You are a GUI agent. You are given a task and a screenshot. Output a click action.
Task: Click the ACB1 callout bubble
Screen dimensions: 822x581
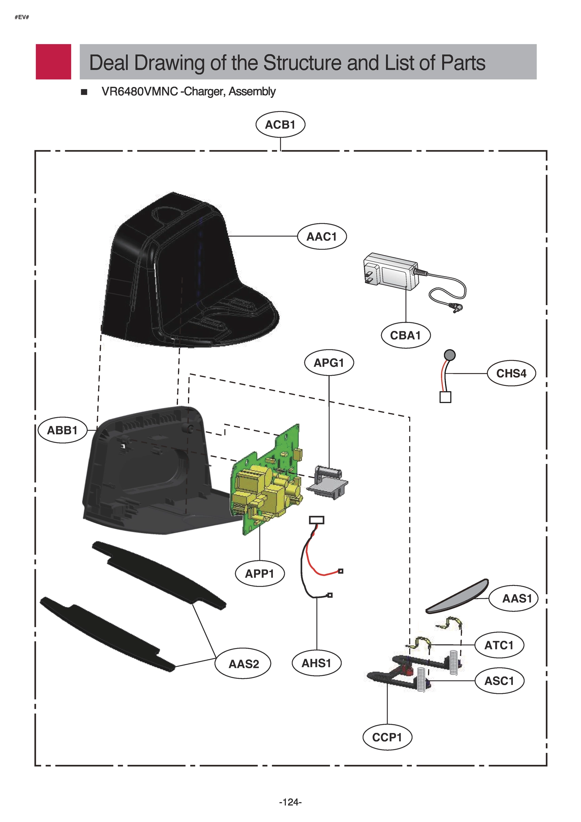coord(280,125)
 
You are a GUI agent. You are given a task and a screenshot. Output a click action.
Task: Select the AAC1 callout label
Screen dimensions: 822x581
coord(321,237)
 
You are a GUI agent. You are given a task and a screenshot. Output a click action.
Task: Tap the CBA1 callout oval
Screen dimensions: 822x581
coord(405,335)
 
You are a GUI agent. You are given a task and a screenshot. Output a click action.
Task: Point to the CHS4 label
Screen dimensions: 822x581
coord(511,373)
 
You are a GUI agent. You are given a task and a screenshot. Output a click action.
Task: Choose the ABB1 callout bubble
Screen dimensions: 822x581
coord(62,430)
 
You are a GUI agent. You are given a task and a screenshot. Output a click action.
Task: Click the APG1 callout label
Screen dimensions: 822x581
coord(329,363)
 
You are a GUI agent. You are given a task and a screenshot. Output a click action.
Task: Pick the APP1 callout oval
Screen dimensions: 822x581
coord(260,574)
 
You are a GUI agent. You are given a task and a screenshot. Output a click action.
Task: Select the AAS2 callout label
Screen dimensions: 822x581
coord(243,664)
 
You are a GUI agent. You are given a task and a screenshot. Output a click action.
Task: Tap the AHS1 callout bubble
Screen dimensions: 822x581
coord(316,663)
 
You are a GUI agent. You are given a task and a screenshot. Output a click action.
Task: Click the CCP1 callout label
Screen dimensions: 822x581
coord(387,737)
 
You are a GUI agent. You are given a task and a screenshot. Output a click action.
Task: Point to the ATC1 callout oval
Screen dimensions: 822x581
coord(499,645)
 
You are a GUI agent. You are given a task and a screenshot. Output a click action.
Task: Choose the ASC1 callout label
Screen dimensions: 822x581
coord(499,681)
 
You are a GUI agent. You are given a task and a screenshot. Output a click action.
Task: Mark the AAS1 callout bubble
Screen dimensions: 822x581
coord(517,598)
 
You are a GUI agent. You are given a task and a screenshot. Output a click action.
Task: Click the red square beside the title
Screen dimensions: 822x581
coord(53,62)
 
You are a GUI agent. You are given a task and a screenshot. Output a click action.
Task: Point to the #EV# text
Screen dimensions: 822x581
coord(22,17)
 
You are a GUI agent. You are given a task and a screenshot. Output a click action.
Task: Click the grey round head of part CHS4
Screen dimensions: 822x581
coord(450,355)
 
